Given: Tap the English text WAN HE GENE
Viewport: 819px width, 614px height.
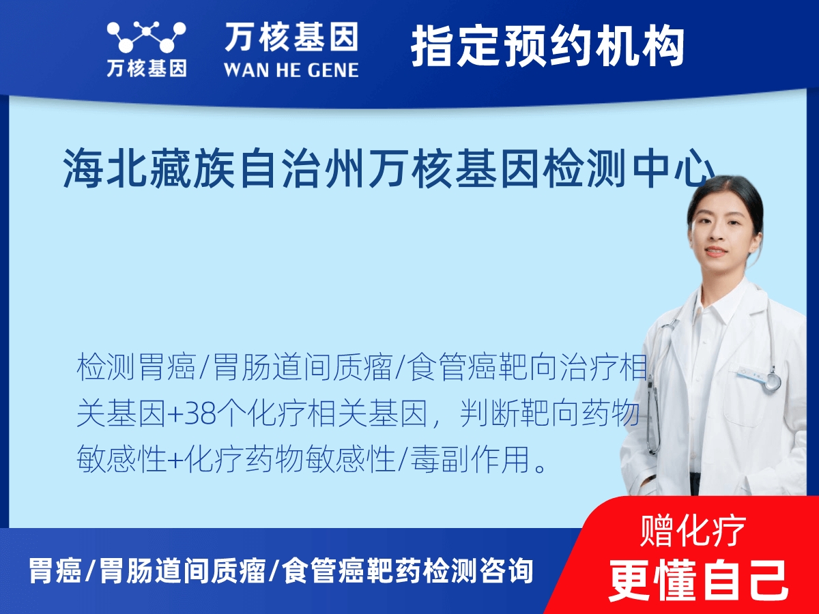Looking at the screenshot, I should pyautogui.click(x=291, y=70).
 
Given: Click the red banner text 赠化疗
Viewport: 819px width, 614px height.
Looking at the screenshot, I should pyautogui.click(x=693, y=530).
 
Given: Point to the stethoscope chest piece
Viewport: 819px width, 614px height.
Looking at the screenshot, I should pyautogui.click(x=772, y=381).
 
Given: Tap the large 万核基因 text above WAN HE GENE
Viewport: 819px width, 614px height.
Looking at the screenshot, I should pyautogui.click(x=291, y=37).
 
